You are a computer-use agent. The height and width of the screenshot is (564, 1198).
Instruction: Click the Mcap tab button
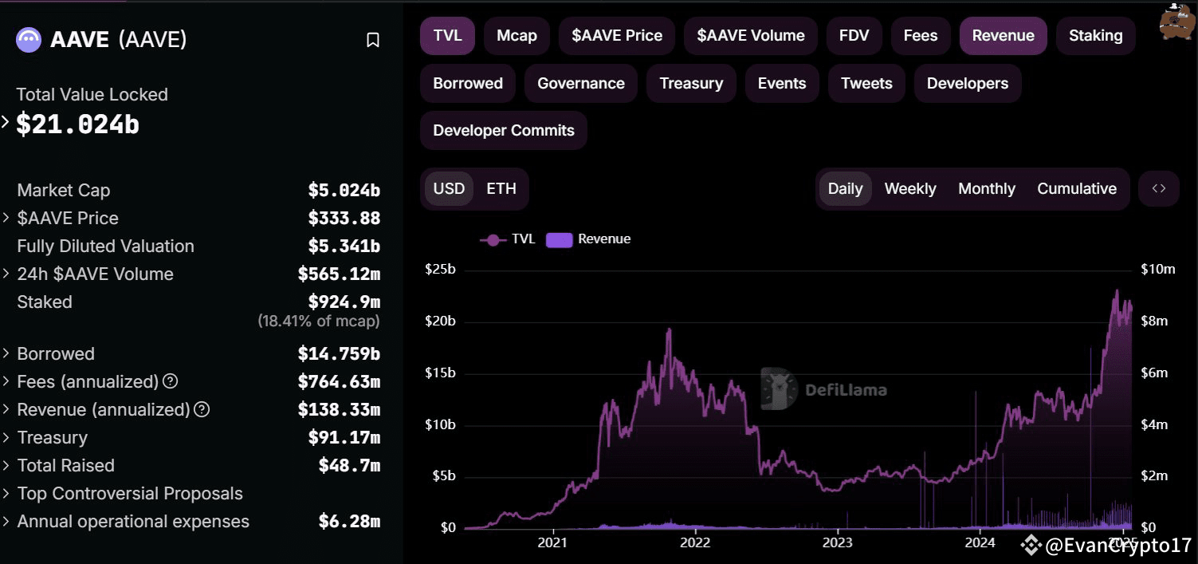pos(517,36)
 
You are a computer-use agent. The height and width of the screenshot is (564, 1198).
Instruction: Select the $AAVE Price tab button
pos(616,36)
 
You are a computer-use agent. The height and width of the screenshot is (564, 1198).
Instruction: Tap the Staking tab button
pos(1095,36)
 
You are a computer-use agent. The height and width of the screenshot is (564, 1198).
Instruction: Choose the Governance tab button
pos(580,84)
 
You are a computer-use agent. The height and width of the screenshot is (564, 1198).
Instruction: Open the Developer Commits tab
pos(503,131)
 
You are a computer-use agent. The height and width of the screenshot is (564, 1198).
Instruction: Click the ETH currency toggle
pos(501,189)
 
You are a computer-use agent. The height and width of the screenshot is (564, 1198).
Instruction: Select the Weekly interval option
pos(909,189)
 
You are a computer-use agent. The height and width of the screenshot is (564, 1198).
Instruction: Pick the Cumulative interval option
pos(1076,189)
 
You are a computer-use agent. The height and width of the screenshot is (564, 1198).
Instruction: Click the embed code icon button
pos(1159,189)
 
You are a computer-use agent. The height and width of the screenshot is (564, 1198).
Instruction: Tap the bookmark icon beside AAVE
pos(372,40)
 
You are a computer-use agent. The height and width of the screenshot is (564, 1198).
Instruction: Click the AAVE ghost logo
pos(29,39)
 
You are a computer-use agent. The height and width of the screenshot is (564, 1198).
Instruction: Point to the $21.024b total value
pos(78,124)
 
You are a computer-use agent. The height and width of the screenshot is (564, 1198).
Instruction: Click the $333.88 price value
pos(344,219)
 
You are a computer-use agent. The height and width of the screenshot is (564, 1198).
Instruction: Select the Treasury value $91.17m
pos(344,438)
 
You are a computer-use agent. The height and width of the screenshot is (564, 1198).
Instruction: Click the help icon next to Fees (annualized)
pos(170,382)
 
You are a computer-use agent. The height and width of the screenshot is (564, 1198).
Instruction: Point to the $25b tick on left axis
pos(440,270)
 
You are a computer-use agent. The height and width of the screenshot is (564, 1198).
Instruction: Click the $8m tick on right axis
pos(1153,321)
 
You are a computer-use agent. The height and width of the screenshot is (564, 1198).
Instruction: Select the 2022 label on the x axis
pos(694,543)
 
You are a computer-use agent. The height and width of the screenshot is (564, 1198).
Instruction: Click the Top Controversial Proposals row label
pos(130,494)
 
